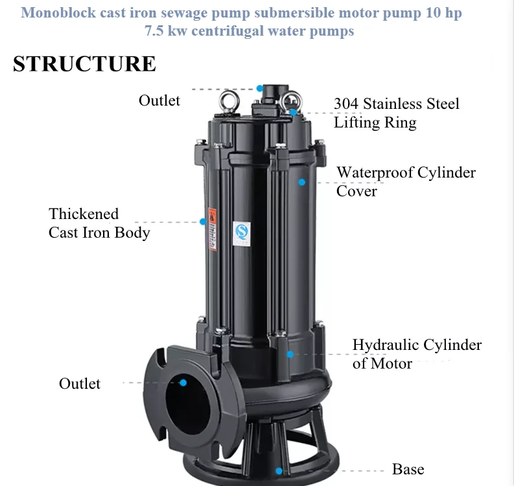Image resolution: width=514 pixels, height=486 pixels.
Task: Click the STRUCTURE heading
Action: click(x=84, y=64)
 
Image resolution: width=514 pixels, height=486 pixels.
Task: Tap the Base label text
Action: click(x=408, y=469)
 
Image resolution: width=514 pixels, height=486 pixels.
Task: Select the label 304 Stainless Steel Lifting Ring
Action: click(x=396, y=113)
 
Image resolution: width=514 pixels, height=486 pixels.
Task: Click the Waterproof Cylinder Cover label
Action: click(x=406, y=181)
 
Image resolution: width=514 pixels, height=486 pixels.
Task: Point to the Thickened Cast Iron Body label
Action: click(x=99, y=223)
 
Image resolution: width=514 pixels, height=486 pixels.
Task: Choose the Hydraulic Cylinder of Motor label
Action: click(x=417, y=354)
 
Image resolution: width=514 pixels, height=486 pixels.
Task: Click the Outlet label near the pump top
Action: click(x=159, y=100)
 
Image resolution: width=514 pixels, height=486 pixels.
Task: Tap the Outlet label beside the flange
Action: click(x=80, y=384)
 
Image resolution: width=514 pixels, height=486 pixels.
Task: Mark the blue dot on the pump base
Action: click(x=279, y=471)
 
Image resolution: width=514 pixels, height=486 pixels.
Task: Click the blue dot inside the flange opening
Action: click(x=183, y=383)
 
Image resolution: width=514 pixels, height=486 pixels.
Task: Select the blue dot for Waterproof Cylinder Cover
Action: click(x=301, y=182)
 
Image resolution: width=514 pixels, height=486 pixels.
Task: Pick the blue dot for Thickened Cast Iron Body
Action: click(x=203, y=222)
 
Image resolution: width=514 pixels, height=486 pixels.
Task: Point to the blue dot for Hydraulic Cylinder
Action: click(x=290, y=354)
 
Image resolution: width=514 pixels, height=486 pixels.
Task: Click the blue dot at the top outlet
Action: click(x=260, y=88)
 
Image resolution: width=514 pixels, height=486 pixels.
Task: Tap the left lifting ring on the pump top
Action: click(x=228, y=101)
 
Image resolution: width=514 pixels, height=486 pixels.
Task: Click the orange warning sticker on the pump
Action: click(x=211, y=216)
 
